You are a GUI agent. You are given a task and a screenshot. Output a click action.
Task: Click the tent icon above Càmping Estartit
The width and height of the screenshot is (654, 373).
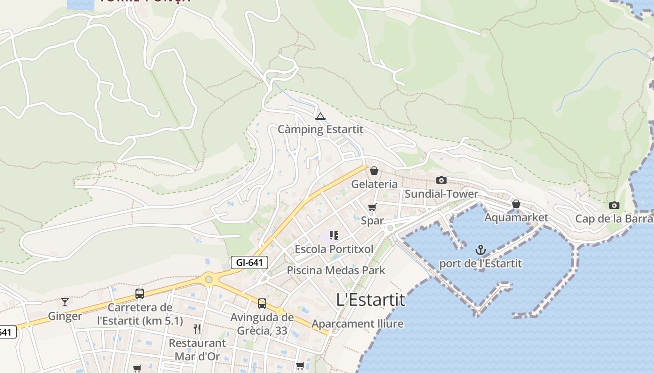click(320, 116)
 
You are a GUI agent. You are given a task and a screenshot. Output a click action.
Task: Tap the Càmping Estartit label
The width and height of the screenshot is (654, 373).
click(320, 130)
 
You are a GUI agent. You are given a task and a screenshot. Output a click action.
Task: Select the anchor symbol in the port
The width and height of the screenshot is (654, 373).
click(481, 250)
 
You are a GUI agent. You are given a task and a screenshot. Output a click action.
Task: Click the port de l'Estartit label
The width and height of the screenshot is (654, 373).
click(480, 263)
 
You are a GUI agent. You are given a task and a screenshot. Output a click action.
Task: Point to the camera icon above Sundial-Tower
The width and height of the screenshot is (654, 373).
click(441, 180)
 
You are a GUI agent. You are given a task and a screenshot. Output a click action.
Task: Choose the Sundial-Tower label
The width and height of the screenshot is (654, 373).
click(441, 194)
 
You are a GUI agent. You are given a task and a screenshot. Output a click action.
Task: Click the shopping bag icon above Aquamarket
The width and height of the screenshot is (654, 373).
click(516, 204)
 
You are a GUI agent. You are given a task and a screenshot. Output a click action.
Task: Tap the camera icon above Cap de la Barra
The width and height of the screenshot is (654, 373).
click(614, 205)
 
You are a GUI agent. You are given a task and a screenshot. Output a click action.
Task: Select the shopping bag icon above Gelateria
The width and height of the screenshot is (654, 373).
click(374, 171)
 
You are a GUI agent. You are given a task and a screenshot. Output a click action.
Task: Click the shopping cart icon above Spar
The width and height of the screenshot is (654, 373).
click(372, 207)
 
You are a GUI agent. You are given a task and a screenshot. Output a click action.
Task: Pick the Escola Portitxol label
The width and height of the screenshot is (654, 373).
click(334, 249)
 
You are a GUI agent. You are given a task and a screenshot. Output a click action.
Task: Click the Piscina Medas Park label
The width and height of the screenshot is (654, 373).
click(336, 270)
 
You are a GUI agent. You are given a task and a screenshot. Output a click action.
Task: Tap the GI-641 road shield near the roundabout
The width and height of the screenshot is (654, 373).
click(249, 262)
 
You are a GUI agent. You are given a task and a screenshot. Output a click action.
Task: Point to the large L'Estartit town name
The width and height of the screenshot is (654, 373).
click(371, 300)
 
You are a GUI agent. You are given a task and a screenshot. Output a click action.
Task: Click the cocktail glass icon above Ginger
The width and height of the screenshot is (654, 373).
click(65, 302)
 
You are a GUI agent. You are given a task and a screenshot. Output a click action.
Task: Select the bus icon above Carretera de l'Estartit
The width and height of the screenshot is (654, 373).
click(140, 293)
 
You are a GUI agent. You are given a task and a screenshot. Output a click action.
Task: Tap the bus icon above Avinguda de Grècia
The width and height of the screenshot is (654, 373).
click(262, 304)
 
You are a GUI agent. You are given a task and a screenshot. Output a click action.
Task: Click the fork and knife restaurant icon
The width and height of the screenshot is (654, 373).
click(197, 329)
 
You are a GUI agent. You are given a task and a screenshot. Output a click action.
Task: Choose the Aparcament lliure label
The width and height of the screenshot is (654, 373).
click(357, 324)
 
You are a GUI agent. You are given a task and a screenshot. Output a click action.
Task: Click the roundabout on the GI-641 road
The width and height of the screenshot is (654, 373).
click(209, 279)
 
